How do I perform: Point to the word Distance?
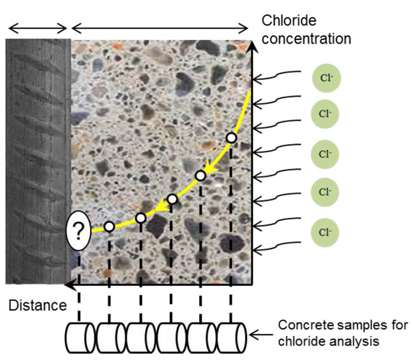click(x=37, y=306)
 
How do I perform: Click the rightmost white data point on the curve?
click(x=231, y=138)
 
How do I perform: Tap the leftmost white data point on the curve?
click(x=109, y=226)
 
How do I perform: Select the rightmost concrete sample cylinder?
click(x=232, y=337)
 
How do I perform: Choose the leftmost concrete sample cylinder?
click(x=80, y=337)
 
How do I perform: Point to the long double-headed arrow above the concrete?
click(x=160, y=28)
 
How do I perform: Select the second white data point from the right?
click(x=200, y=175)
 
